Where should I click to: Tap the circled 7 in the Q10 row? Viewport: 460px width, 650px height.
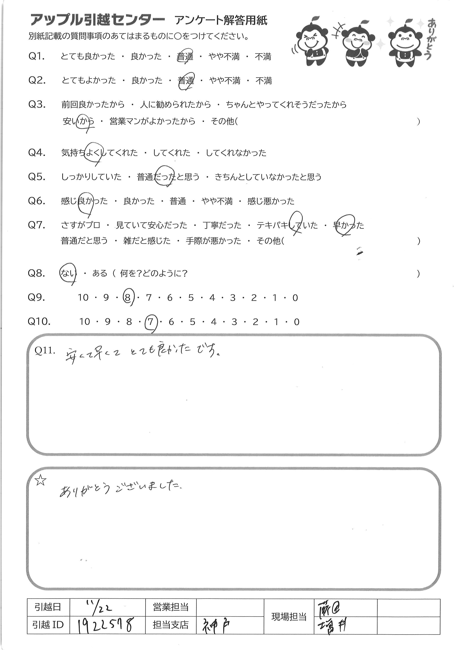click(150, 322)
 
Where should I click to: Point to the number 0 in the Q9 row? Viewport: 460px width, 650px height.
click(295, 298)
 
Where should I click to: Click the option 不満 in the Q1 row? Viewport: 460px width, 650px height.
click(263, 57)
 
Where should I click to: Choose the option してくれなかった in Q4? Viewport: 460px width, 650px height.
click(236, 153)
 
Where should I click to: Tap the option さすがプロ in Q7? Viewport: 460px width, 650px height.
click(81, 225)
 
